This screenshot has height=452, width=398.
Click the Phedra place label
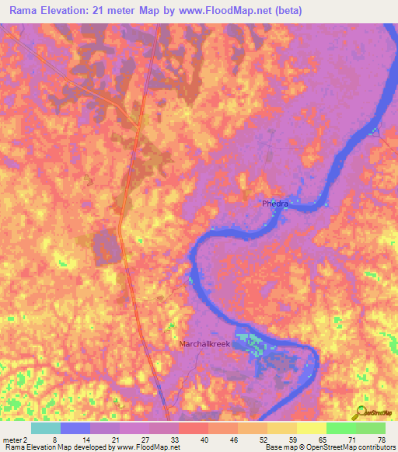pos(275,203)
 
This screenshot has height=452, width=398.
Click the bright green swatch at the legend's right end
pos(370,428)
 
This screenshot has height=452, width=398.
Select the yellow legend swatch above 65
pos(311,428)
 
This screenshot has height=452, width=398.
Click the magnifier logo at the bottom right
pos(360,413)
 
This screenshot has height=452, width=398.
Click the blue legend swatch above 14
pos(75,428)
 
